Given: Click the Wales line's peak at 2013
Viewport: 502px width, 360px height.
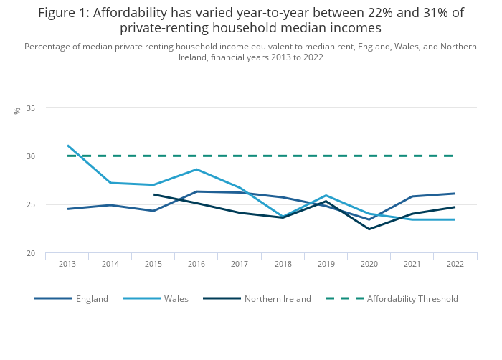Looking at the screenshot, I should click(x=67, y=146).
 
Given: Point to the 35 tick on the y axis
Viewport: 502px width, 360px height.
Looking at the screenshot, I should click(x=31, y=108).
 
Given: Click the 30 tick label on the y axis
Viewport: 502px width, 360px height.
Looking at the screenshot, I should click(x=31, y=156).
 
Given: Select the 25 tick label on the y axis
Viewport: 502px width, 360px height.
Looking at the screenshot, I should click(x=31, y=204).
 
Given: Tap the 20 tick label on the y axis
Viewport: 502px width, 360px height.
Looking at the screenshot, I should click(x=31, y=253).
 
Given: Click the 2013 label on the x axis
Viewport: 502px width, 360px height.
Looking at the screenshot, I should click(x=67, y=264).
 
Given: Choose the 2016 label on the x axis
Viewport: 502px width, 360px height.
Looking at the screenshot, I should click(x=196, y=264).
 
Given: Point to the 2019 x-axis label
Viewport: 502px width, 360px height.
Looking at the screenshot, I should click(x=326, y=264).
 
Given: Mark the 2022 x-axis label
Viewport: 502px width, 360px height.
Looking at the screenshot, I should click(x=455, y=264).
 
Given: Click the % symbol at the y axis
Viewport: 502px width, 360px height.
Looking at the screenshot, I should click(x=17, y=111).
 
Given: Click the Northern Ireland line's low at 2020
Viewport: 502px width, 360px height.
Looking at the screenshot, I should click(x=369, y=229).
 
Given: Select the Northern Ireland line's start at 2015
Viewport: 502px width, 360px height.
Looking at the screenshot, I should click(x=153, y=194).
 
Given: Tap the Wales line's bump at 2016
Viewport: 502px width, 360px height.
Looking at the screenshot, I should click(x=196, y=169).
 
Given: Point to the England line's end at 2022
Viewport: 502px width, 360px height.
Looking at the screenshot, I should click(x=455, y=194).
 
